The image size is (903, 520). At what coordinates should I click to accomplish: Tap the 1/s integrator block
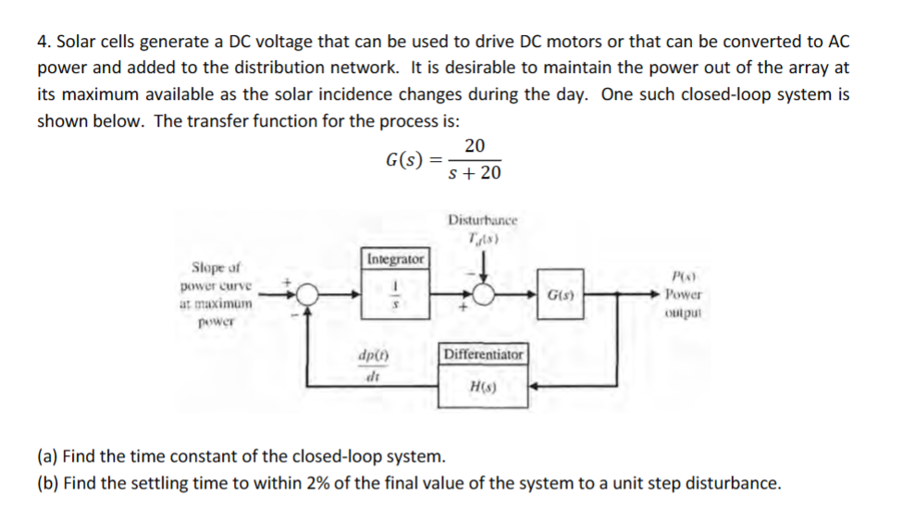tap(396, 293)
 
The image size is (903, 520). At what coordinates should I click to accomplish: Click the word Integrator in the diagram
tap(396, 258)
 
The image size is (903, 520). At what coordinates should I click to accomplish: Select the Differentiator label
tap(483, 354)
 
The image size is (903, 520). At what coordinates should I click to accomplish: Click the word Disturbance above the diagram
tap(482, 220)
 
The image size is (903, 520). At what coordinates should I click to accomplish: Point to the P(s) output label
tap(683, 278)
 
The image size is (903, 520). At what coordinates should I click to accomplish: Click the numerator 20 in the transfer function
tap(474, 146)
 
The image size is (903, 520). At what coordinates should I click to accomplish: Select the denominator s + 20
tap(474, 173)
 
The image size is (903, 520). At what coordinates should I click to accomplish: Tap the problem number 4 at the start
tap(42, 43)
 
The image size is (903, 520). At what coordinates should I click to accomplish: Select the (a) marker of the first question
tap(47, 456)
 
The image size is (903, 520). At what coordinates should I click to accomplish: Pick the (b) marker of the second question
tap(47, 482)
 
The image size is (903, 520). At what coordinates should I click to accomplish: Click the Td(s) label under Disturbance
tap(482, 238)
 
